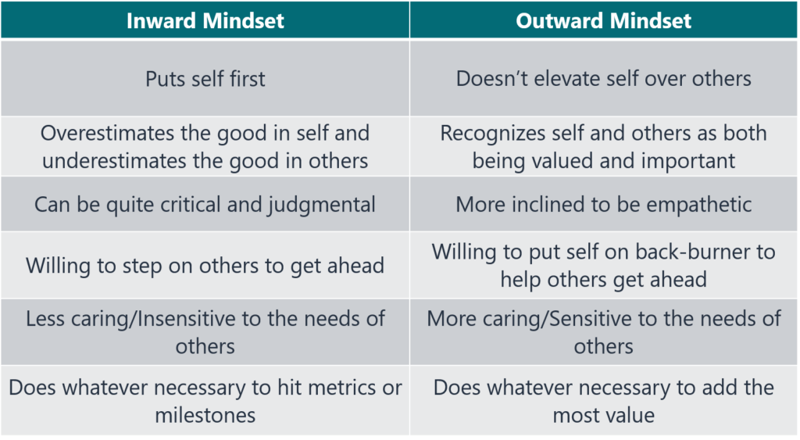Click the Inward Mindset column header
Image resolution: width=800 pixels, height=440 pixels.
pyautogui.click(x=205, y=20)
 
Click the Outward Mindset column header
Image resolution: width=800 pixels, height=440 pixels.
pyautogui.click(x=604, y=20)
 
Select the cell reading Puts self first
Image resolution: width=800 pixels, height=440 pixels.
pyautogui.click(x=205, y=79)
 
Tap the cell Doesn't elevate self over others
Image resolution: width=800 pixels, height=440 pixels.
pyautogui.click(x=604, y=79)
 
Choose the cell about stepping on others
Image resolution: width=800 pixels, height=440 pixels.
pyautogui.click(x=205, y=265)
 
